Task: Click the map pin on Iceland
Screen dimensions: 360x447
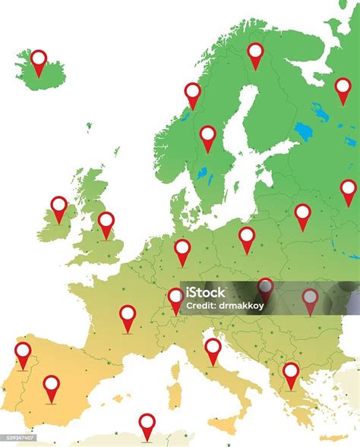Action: (x=39, y=60)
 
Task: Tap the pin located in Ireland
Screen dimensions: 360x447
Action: (x=59, y=206)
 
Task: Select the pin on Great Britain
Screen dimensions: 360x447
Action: (x=106, y=222)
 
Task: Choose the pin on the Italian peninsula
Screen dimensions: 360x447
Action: (x=213, y=348)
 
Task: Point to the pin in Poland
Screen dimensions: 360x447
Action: (x=247, y=237)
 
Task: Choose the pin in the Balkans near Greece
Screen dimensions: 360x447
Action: (x=291, y=373)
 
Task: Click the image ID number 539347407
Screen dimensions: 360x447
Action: (x=18, y=437)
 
